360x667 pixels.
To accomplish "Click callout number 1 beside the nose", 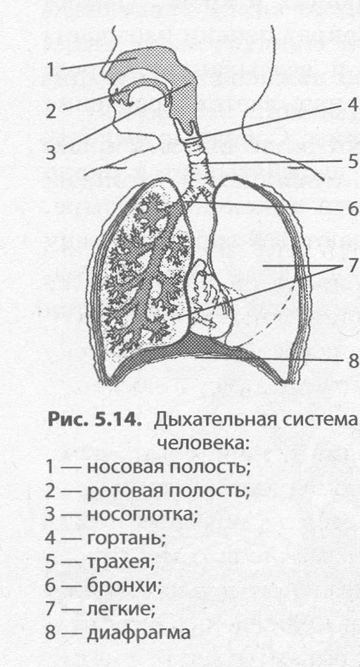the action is [51, 70].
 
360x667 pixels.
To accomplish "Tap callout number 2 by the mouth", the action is [51, 110].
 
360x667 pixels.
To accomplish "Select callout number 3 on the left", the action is [51, 152].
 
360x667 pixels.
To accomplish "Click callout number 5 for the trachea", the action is [354, 162].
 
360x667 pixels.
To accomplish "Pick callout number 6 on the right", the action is [354, 209].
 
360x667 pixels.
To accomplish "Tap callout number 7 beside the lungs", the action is [354, 266].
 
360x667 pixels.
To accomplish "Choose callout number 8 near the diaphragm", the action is [354, 361].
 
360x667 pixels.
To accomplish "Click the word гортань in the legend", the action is [126, 540].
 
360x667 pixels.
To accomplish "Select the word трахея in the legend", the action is [120, 564].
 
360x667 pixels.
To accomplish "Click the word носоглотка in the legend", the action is [143, 516].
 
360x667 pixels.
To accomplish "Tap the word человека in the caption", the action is [202, 445].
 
